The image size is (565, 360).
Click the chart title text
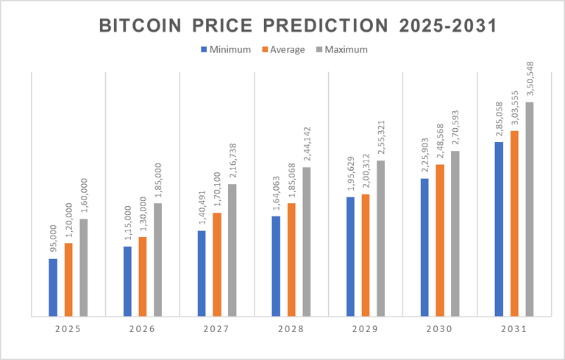pyautogui.click(x=298, y=25)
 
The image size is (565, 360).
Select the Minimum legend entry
pyautogui.click(x=225, y=49)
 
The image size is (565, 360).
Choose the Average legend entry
pyautogui.click(x=282, y=49)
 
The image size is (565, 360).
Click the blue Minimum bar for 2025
pyautogui.click(x=53, y=288)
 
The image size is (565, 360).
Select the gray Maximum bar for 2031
pyautogui.click(x=529, y=210)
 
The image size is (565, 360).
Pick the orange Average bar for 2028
pyautogui.click(x=291, y=260)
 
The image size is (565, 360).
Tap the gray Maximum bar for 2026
pyautogui.click(x=157, y=260)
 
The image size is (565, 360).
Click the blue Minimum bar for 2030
pyautogui.click(x=424, y=247)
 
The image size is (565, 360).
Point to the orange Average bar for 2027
pyautogui.click(x=217, y=265)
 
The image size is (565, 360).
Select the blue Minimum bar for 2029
pyautogui.click(x=350, y=257)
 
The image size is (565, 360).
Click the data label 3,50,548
pyautogui.click(x=529, y=80)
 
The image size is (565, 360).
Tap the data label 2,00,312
pyautogui.click(x=366, y=173)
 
